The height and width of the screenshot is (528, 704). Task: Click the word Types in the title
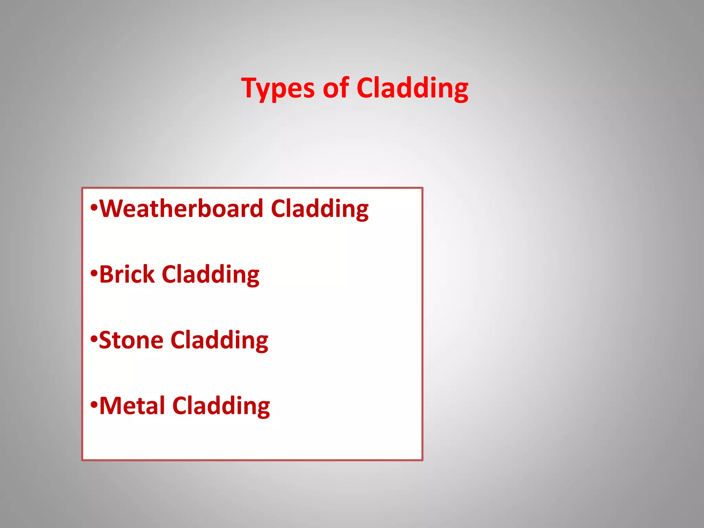coord(278,88)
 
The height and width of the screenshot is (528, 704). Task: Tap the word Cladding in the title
coord(412,88)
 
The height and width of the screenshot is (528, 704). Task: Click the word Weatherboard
coord(181,209)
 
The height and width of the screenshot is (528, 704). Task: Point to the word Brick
coord(127,274)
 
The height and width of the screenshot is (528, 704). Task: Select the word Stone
coord(131,340)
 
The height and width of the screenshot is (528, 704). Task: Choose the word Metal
coord(132,406)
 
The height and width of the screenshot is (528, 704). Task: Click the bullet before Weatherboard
coord(94,208)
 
